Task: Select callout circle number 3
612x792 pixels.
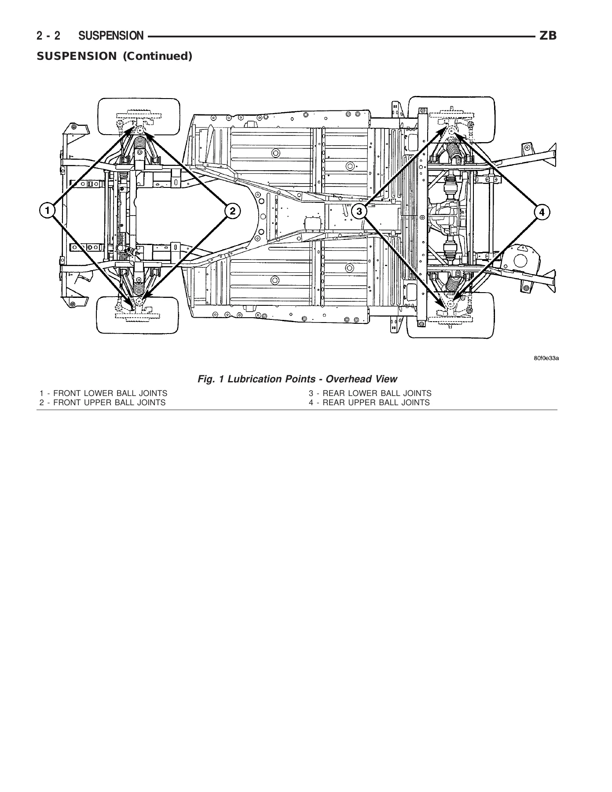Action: pos(359,211)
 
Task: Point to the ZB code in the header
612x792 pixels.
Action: pos(548,36)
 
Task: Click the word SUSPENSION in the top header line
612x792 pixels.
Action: pos(111,36)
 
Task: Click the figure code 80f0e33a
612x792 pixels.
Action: pos(546,358)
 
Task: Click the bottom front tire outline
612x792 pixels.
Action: pos(138,333)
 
